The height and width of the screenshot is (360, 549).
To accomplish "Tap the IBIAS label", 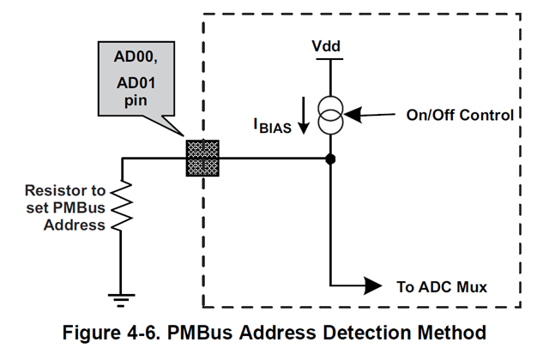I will tap(272, 127).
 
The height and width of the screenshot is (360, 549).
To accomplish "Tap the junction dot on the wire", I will tap(330, 159).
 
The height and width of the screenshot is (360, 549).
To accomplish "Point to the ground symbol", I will tap(123, 297).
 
